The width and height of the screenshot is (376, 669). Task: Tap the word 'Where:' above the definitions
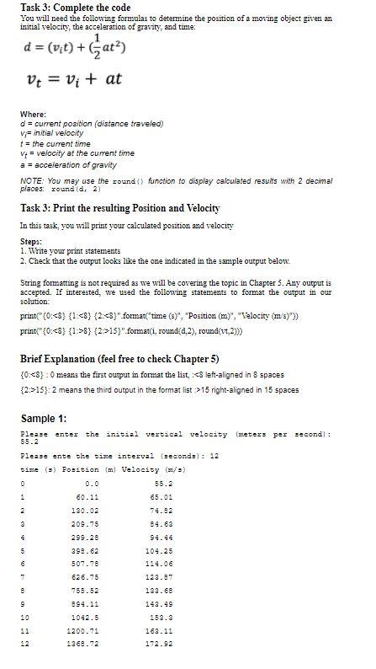[33, 114]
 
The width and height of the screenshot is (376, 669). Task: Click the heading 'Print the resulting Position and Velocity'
[120, 208]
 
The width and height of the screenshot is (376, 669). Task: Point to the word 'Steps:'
[31, 242]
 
